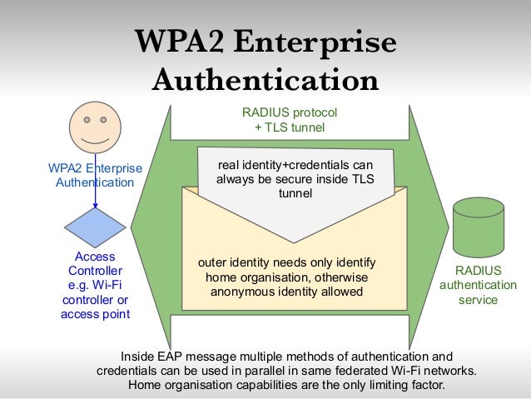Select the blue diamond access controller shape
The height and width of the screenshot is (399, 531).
[x=96, y=227]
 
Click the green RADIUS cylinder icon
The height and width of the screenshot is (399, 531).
[x=479, y=227]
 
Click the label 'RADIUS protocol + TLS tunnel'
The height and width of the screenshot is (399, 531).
[x=289, y=119]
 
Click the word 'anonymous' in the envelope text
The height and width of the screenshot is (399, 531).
[x=239, y=292]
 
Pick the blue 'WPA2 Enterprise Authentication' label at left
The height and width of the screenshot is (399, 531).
[x=95, y=176]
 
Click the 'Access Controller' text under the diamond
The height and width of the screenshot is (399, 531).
[x=95, y=264]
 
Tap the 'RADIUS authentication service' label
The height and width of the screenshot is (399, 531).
[x=478, y=285]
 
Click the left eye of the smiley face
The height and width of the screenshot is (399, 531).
[x=85, y=120]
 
